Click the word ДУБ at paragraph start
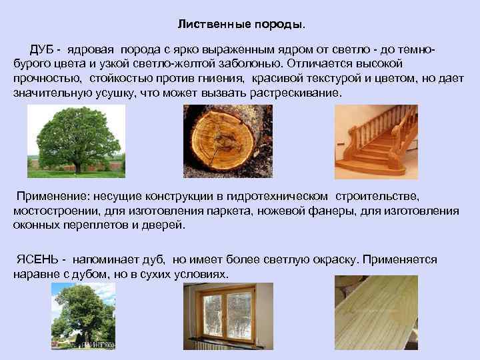coord(41,51)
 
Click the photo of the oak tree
coord(76,141)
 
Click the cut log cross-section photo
coord(227,141)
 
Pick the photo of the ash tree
coord(83,316)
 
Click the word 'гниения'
coord(221,79)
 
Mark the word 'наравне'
coord(34,275)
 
